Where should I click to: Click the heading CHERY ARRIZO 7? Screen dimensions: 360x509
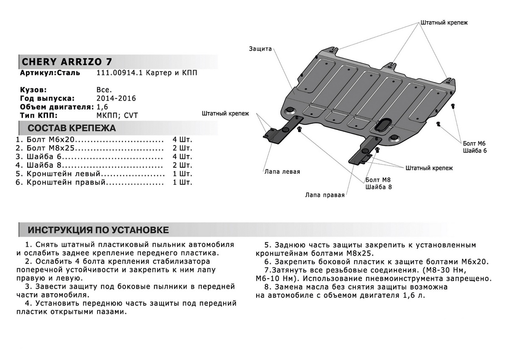tap(67, 62)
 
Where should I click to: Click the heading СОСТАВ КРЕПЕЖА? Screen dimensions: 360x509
tap(71, 128)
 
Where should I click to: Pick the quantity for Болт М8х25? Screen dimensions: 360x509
tap(182, 148)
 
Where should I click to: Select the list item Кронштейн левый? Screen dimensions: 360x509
tap(63, 174)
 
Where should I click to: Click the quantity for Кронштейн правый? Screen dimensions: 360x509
tap(182, 183)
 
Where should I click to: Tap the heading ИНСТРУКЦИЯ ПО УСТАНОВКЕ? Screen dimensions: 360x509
tap(98, 230)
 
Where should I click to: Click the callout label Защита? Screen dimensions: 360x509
tap(260, 49)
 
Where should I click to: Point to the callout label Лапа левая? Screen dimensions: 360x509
tap(282, 172)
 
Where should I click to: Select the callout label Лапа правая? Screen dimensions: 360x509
tap(324, 195)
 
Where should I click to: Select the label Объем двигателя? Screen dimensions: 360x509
tap(50, 107)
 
